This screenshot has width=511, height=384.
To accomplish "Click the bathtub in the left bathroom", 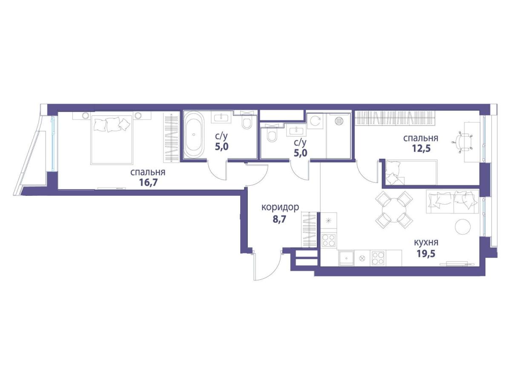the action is pos(194,135).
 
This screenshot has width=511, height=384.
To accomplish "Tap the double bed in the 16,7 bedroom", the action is pos(112,139).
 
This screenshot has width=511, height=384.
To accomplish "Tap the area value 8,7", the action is pos(279,219).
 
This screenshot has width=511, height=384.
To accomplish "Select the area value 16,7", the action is pos(148,183).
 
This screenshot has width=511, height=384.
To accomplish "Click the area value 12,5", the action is pos(421,148).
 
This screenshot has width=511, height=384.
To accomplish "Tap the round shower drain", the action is pos(339,120).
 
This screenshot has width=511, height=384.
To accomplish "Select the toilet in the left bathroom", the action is pos(246,123).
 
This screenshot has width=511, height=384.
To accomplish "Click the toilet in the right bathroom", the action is pos(271,135).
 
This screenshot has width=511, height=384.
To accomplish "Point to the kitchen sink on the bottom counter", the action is pos(347,258).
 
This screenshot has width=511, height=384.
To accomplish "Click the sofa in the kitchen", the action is pos(452,201).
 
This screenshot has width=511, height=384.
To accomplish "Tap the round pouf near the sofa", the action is pos(463,226).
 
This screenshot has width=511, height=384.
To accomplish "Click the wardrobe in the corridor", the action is pos(310,230).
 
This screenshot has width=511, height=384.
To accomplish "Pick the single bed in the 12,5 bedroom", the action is pos(411,172).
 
